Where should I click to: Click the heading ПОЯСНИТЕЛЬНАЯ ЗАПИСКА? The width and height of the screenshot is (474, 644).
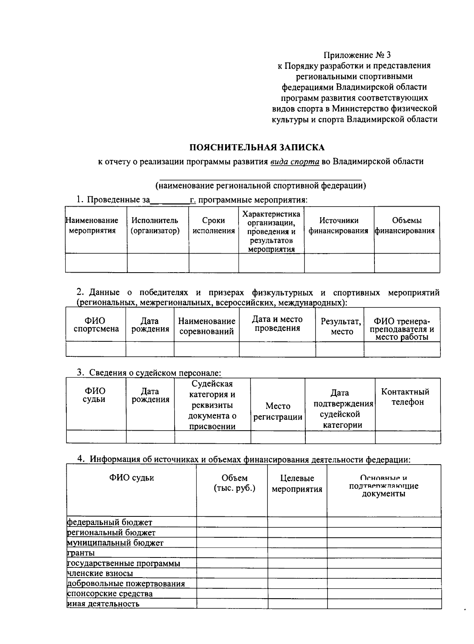click(257, 147)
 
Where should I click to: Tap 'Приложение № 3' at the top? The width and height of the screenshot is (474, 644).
click(357, 55)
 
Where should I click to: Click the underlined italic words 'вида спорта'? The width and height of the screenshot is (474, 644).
click(295, 162)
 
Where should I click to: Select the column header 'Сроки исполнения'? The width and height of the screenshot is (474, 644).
click(213, 226)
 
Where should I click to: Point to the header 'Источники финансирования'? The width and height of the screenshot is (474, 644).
click(339, 226)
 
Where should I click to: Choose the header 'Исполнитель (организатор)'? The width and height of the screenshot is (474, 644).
click(155, 226)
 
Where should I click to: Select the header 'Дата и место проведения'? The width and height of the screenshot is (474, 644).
click(277, 324)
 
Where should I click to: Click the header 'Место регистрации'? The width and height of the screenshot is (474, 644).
click(278, 411)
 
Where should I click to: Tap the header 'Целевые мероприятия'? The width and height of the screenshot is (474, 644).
click(297, 484)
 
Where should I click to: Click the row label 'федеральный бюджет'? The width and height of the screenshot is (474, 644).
click(110, 522)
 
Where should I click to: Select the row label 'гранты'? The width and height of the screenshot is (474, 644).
click(81, 553)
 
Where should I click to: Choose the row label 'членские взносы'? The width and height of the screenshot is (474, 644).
click(100, 573)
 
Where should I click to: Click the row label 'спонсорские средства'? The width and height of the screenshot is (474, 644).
click(110, 593)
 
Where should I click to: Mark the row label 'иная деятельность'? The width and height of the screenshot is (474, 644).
click(103, 604)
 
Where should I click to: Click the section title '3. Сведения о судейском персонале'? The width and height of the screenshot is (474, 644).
click(149, 373)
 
